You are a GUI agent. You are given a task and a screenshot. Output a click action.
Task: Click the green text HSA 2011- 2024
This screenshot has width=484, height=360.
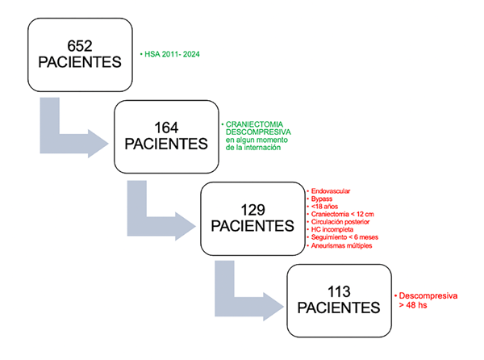171,54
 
